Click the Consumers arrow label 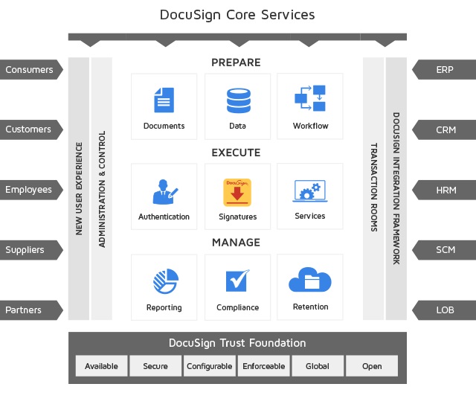point(31,69)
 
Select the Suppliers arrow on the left point(31,250)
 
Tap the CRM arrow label point(444,129)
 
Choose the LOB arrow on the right point(444,310)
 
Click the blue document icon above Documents point(164,100)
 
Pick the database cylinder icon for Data point(238,100)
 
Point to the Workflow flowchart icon point(310,98)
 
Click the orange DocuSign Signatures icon point(237,193)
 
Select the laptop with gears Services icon point(310,190)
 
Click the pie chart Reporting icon point(165,281)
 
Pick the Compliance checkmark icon point(237,281)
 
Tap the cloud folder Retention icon point(310,280)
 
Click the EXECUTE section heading point(236,153)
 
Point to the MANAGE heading point(236,243)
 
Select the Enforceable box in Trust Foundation point(264,366)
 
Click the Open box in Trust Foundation point(372,366)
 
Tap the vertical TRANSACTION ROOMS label point(374,188)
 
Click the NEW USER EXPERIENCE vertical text point(79,188)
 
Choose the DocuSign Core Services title point(237,15)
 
